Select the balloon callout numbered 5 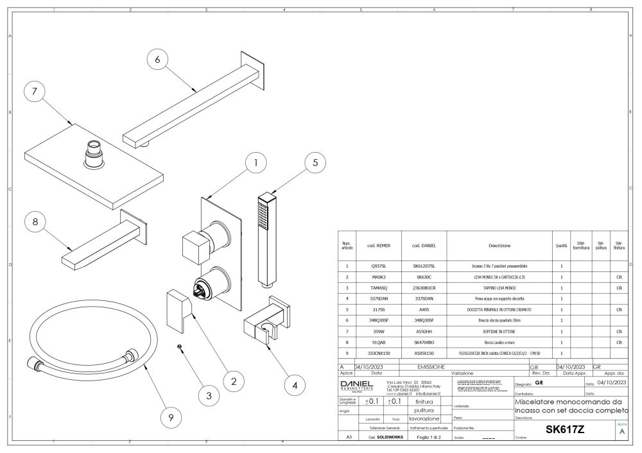click(315, 163)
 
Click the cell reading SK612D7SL click(424, 265)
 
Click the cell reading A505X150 click(424, 354)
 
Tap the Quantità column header click(560, 246)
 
